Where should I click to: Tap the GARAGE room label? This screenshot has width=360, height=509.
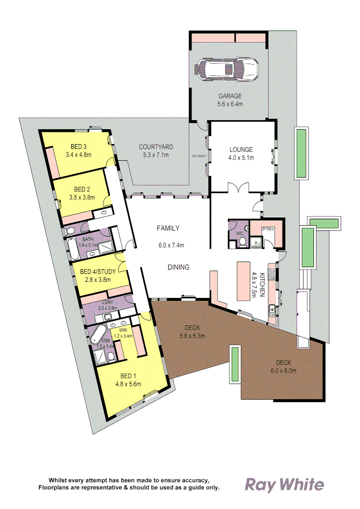pos(230,96)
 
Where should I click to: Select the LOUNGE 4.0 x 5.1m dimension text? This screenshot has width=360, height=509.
pos(241,158)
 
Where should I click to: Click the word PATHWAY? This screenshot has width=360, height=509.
pos(199,156)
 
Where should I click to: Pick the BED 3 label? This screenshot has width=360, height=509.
pos(79,146)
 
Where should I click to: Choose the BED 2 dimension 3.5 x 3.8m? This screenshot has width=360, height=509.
pos(82,197)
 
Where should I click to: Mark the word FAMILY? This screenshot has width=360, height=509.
pos(168,229)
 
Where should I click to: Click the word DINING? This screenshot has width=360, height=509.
pos(178,267)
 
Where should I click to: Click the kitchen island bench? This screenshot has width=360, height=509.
pos(243,281)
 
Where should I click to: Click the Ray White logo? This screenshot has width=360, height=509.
pos(284,484)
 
